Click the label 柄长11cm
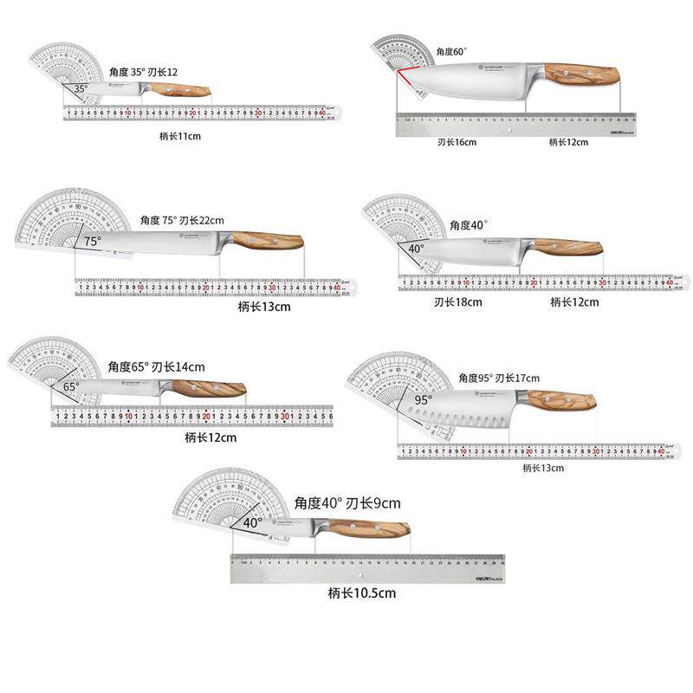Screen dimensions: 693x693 (180, 137)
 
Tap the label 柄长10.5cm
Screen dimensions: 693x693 (361, 593)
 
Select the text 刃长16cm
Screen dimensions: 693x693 (457, 142)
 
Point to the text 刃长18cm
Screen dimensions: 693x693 (457, 302)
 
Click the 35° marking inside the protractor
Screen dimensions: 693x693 (80, 88)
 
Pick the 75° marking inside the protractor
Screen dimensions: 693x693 (93, 242)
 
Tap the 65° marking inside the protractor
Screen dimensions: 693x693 (71, 386)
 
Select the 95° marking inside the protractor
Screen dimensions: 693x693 (423, 400)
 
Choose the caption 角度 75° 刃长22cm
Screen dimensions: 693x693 (182, 221)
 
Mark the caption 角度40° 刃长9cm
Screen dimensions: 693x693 (347, 503)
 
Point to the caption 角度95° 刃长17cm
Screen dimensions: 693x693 (499, 379)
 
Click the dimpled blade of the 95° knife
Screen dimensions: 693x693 (459, 413)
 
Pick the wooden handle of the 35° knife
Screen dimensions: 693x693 (187, 91)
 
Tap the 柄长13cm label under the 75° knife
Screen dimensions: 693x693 (264, 306)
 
